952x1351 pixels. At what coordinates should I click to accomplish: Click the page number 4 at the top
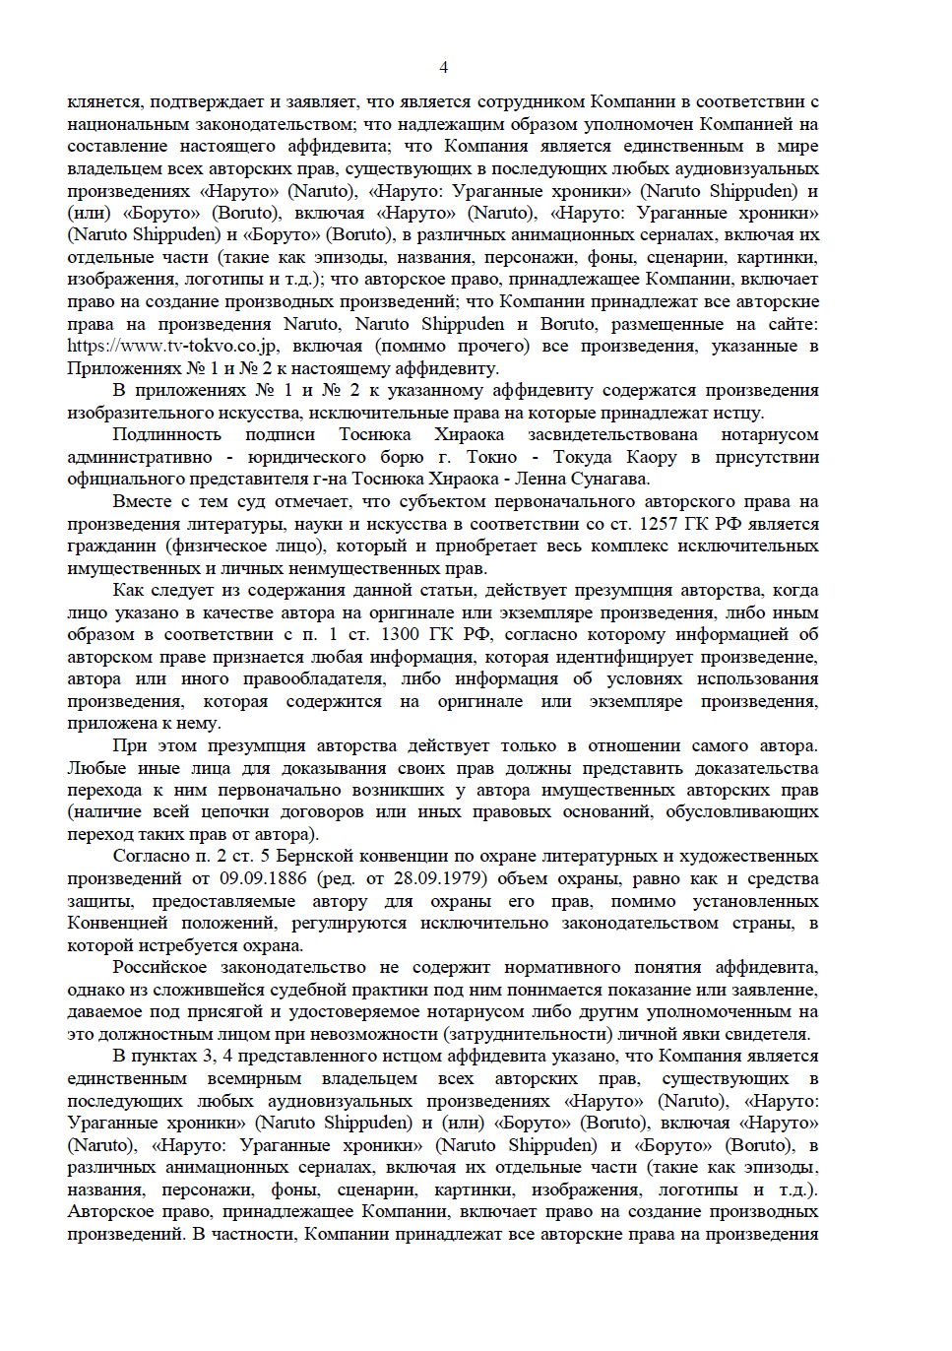[443, 67]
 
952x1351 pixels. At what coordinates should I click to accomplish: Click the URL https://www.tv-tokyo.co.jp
[172, 346]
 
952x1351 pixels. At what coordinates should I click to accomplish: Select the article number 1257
[659, 524]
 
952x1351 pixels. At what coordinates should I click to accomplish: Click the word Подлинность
[166, 434]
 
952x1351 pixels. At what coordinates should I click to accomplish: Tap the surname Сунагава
[606, 479]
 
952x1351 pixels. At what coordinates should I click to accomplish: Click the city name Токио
[491, 457]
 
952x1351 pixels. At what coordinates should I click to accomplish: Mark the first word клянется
[103, 101]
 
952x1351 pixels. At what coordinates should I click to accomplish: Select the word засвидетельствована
[612, 434]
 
